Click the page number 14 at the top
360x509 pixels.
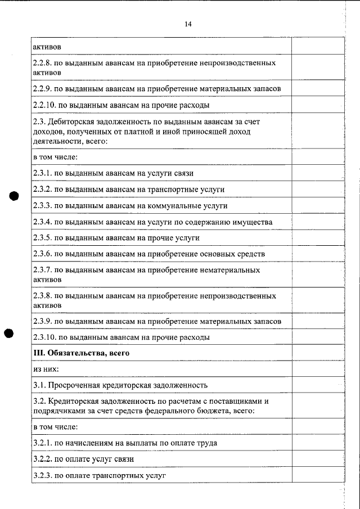tap(188, 24)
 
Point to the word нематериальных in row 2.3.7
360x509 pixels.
tap(230, 271)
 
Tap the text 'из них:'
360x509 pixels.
tap(46, 370)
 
